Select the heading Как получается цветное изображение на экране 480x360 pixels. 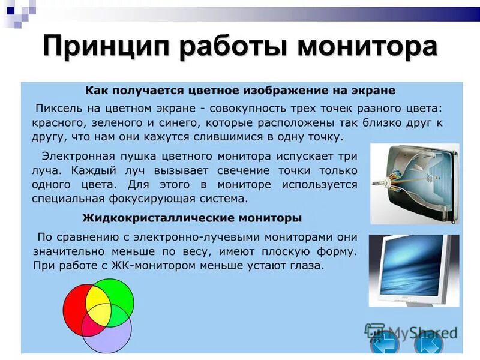pos(240,91)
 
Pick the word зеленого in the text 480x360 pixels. pos(122,122)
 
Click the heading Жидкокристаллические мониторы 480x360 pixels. pos(191,217)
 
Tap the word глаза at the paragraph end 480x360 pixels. pos(307,265)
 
